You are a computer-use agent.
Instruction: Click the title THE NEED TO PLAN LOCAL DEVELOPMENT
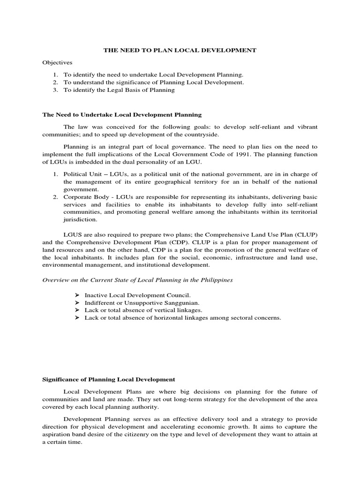coord(180,50)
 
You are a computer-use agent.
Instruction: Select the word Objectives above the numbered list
coord(58,62)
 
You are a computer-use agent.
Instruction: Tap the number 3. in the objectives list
coord(55,90)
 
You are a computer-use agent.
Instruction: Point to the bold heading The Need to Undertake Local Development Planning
coord(122,114)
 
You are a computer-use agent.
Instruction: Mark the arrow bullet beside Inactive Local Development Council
coord(78,295)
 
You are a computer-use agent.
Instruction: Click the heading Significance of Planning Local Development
coord(109,379)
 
